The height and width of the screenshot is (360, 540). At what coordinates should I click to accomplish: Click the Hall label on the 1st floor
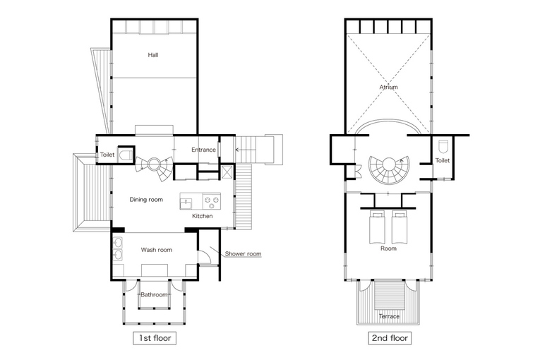pos(153,55)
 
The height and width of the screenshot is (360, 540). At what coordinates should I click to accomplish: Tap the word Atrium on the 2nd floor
pos(388,87)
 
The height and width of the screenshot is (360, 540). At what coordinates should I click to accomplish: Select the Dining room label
pos(146,200)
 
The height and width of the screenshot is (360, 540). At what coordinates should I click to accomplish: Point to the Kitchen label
pos(202,216)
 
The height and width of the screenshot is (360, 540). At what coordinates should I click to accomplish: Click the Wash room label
pos(156,250)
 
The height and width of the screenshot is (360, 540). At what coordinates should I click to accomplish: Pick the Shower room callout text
pos(243,254)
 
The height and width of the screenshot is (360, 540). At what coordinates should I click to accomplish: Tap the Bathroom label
pos(154,294)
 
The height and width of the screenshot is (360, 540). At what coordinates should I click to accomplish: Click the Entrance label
pos(203,150)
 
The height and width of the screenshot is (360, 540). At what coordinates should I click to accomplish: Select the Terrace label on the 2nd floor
pos(389,316)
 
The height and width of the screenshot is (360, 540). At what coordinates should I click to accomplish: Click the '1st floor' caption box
pos(155,338)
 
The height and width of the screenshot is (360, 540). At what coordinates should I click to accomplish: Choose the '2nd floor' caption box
pos(390,338)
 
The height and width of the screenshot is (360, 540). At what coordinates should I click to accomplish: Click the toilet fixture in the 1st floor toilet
pos(125,155)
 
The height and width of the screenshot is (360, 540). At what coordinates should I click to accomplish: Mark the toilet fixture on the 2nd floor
pos(443,146)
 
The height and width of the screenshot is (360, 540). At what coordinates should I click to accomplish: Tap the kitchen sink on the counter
pos(186,203)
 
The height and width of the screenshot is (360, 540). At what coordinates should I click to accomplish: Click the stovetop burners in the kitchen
pos(212,202)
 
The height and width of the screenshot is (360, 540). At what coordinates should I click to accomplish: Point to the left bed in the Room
pos(376,227)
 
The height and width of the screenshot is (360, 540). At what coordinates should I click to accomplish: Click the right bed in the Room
pos(399,227)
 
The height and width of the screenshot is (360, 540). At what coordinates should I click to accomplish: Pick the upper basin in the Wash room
pos(118,243)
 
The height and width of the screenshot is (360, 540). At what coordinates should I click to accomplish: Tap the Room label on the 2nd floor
pos(388,248)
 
